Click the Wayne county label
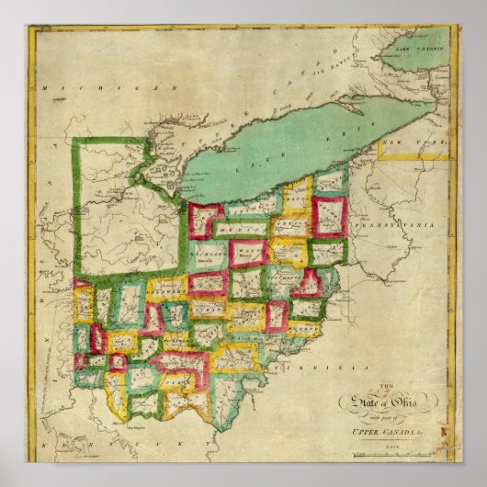point(247,275)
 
